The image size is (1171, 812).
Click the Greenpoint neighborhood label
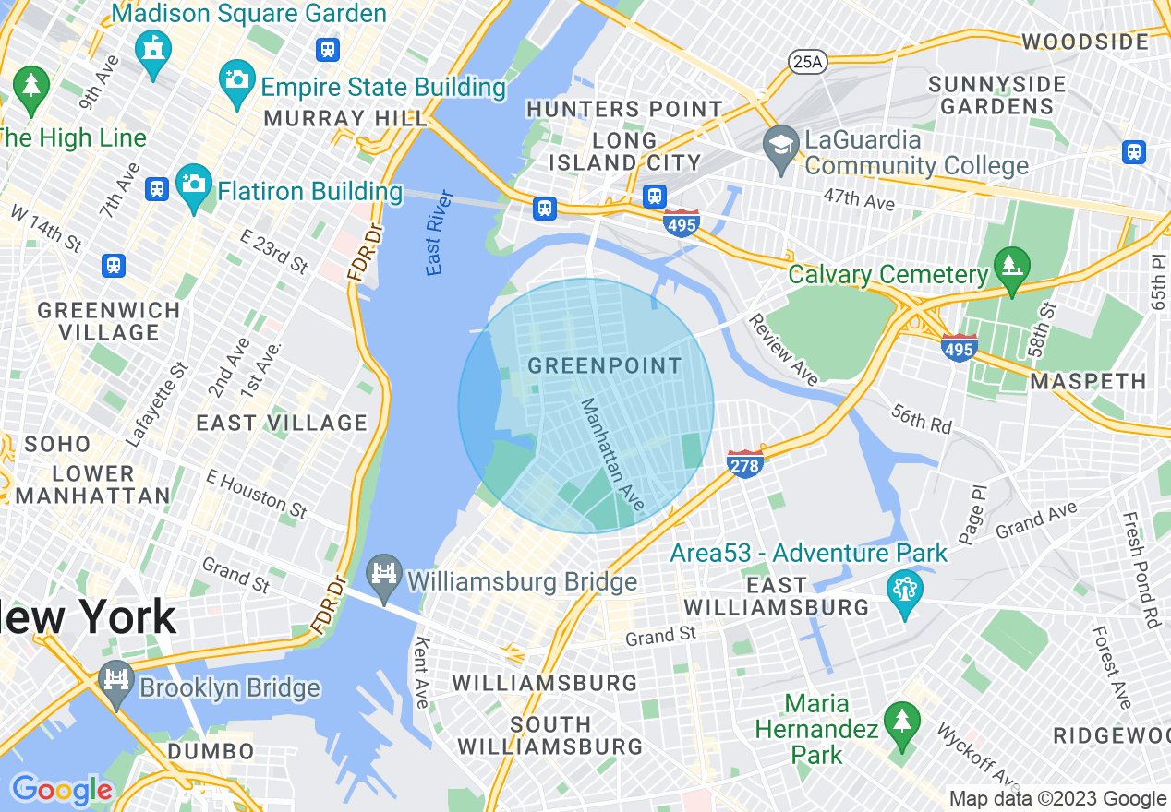pyautogui.click(x=605, y=366)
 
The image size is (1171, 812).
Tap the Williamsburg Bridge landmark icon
pyautogui.click(x=384, y=575)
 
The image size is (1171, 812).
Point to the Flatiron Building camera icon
pyautogui.click(x=194, y=187)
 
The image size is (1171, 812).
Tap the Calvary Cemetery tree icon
pyautogui.click(x=1011, y=269)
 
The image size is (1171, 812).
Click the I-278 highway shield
pyautogui.click(x=744, y=464)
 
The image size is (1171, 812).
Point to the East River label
pyautogui.click(x=440, y=233)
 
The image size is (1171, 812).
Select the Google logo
pyautogui.click(x=61, y=790)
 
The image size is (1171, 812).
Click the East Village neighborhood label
pyautogui.click(x=282, y=424)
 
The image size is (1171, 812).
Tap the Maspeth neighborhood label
pyautogui.click(x=1088, y=381)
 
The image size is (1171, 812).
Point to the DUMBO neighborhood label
pyautogui.click(x=211, y=751)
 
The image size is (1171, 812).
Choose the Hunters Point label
pyautogui.click(x=624, y=109)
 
